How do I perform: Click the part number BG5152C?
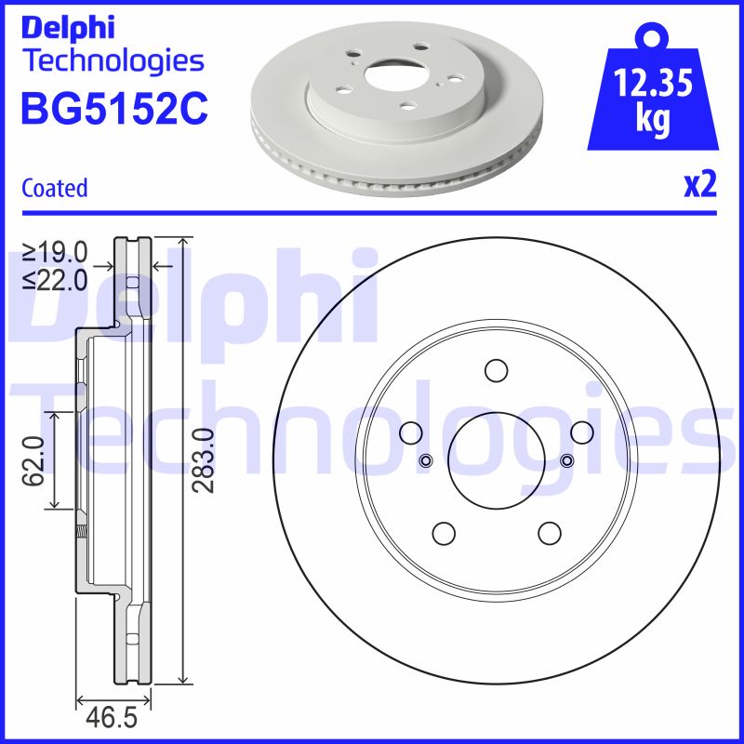tap(113, 110)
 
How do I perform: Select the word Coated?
tap(54, 188)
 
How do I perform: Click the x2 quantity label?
tap(700, 186)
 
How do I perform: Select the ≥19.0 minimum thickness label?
tap(55, 252)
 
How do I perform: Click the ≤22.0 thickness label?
tap(55, 278)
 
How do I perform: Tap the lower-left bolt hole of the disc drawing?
tap(444, 533)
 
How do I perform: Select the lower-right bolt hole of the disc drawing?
tap(550, 533)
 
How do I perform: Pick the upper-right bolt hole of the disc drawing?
tap(582, 432)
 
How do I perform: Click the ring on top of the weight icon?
tap(653, 38)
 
